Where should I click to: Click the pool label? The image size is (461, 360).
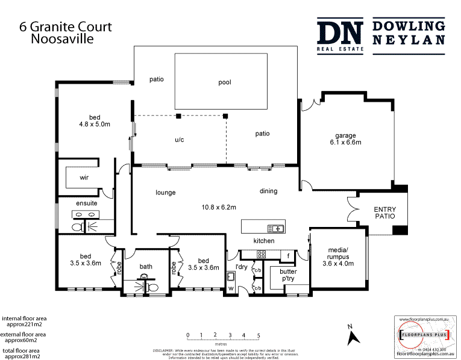point(224,82)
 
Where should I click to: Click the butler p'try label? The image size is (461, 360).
point(280,276)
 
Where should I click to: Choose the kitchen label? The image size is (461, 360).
point(263,241)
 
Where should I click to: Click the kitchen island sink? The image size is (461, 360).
point(277,228)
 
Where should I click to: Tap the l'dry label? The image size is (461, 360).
point(241,267)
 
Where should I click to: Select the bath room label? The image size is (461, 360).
point(146,267)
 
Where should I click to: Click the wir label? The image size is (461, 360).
point(84,178)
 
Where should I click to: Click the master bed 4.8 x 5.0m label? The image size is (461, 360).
point(94,121)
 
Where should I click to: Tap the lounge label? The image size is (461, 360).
point(165,193)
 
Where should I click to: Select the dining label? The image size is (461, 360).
point(268,191)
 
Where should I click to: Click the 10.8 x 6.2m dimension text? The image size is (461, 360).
point(218,207)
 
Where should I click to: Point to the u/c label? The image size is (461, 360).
point(179,140)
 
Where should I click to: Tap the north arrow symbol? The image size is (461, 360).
point(353,337)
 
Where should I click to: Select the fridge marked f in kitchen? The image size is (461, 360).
point(289,255)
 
